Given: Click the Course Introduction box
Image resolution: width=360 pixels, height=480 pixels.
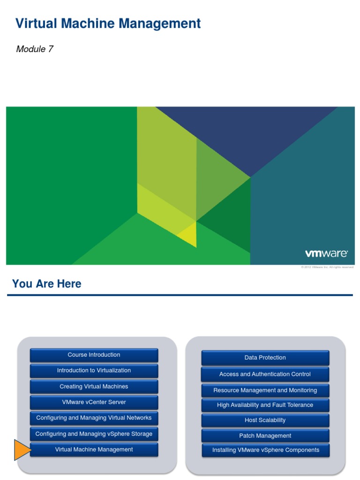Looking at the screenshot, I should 94,355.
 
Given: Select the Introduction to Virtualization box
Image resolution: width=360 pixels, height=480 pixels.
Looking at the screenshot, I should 94,370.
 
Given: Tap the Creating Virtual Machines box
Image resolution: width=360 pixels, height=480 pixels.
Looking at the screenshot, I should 94,387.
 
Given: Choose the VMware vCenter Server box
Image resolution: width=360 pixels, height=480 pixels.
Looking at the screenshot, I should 94,402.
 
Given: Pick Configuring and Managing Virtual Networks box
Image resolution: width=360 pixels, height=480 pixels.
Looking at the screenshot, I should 94,418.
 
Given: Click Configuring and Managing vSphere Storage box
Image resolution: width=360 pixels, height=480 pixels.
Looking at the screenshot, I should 94,434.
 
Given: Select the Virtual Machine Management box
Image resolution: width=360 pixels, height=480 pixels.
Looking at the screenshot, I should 94,450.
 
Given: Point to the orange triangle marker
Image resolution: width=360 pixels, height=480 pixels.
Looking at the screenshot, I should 22,450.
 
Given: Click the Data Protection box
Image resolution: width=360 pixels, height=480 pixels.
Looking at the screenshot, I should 265,358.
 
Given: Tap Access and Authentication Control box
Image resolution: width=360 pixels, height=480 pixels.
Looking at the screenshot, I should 265,374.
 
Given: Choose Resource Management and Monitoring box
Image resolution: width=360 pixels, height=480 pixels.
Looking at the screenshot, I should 265,390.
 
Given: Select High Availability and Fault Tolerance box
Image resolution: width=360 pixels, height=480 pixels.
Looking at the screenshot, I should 265,405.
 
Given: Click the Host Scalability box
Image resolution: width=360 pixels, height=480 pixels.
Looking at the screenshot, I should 265,420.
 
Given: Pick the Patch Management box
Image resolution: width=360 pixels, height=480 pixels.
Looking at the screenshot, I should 265,436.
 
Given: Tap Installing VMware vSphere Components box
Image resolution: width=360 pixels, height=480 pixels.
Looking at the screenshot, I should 265,450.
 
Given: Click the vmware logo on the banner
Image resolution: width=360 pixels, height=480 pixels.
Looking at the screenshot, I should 326,254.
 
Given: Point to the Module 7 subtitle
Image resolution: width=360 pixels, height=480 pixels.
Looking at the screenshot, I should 35,49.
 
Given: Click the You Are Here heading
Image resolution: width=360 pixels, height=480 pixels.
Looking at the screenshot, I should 46,284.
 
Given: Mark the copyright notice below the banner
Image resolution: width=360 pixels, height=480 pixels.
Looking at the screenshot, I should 327,267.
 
